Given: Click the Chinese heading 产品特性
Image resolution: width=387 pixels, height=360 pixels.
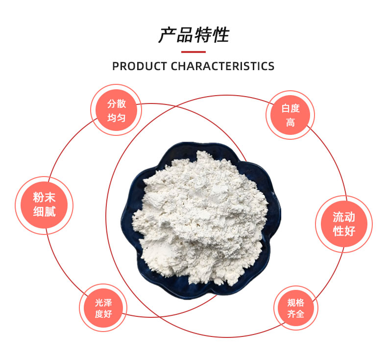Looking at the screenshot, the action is [x=194, y=35].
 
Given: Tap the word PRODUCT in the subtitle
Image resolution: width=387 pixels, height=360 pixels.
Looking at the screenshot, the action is [x=140, y=66].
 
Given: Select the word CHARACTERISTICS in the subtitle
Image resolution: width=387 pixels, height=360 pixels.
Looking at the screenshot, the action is [x=222, y=66].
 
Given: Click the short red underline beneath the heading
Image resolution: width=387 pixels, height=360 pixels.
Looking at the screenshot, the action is [x=193, y=52].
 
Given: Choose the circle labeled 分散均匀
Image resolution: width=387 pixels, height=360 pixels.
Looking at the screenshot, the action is [x=116, y=110].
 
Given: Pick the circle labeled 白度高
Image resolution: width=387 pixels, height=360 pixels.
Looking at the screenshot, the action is [x=290, y=115].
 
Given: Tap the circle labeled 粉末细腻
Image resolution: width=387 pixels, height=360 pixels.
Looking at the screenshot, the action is [x=44, y=205].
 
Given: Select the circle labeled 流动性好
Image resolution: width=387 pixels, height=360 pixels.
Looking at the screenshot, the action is [x=344, y=224].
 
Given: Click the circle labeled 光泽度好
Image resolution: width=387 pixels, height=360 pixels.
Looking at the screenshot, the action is [x=103, y=308].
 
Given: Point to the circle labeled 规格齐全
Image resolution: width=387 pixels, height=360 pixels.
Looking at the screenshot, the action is [x=296, y=308].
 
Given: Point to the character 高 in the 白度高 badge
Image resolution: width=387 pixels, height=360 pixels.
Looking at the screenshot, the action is [x=290, y=122].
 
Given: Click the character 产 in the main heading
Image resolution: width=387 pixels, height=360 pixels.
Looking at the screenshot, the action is [x=167, y=35].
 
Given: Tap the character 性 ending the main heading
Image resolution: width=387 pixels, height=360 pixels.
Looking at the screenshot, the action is [x=220, y=35].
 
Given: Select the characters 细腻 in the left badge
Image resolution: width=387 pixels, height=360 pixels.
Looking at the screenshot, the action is [x=45, y=211].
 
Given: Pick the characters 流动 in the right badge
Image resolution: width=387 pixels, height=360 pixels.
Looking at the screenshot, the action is [x=344, y=217].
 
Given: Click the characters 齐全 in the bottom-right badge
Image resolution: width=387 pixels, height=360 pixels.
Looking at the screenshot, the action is [x=296, y=314].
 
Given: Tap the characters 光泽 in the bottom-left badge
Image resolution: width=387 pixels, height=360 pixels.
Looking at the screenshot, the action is [x=103, y=303].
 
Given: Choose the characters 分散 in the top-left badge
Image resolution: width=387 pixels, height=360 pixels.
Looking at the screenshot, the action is [x=117, y=103].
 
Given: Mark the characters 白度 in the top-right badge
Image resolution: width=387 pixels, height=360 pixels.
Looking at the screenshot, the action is [x=290, y=108].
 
